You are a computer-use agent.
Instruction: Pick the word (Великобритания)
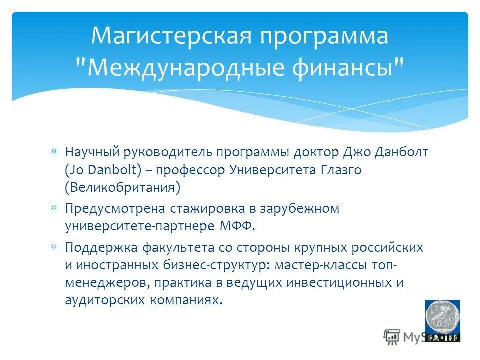(x=122, y=188)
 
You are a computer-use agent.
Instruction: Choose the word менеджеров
(x=106, y=283)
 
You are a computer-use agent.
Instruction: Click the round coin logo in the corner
(x=442, y=317)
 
